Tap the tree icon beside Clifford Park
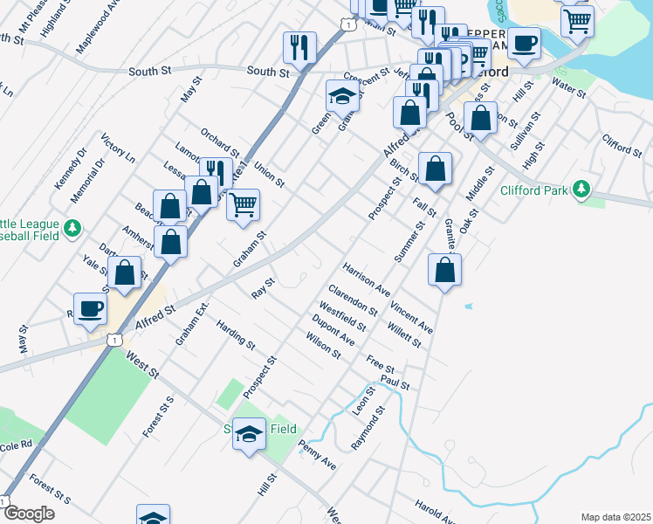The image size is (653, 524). coord(580,190)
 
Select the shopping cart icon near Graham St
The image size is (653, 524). coord(244,205)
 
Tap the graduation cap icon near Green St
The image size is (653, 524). coord(342,96)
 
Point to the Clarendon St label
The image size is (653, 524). coord(353,300)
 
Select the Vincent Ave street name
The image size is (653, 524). coord(411,316)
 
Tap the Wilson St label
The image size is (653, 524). coord(323,345)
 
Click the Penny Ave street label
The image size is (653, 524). coord(317,456)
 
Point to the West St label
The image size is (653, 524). coord(142,366)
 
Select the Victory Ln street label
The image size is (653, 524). coord(119,149)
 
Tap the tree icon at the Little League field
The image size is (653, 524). coord(74,229)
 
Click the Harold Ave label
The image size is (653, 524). coord(435,511)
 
